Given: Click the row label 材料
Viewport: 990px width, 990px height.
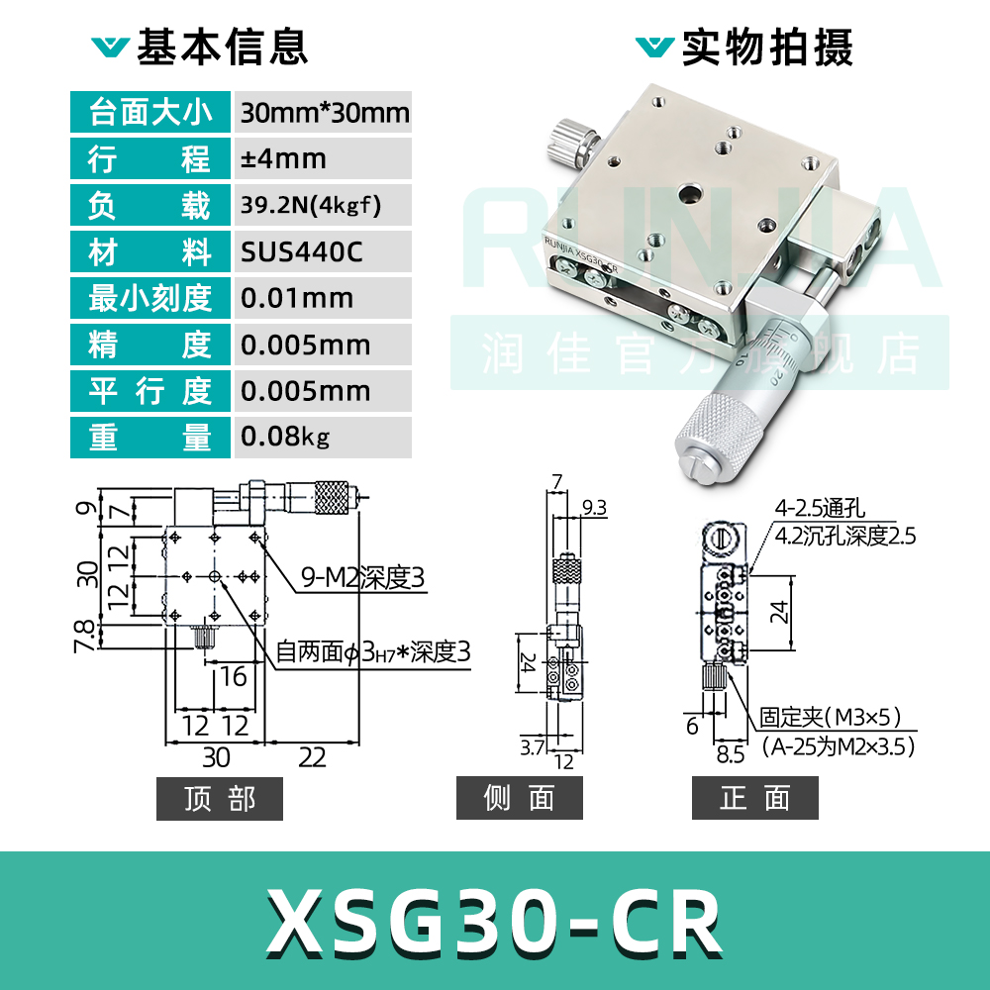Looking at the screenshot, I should (149, 252).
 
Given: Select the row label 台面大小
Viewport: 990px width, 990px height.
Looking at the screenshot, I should (149, 112).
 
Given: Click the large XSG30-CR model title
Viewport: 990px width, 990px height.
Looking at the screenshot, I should (494, 922).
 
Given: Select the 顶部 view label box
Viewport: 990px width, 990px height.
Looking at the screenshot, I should (220, 799).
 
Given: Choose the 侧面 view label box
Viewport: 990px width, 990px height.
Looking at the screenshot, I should (519, 799).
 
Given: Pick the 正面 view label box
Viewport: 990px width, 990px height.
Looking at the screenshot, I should (754, 799).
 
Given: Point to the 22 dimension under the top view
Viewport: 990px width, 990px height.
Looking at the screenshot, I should (312, 757).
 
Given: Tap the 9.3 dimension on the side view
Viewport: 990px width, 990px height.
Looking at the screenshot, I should (595, 508).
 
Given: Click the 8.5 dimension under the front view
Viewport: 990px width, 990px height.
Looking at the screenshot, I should (731, 755).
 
